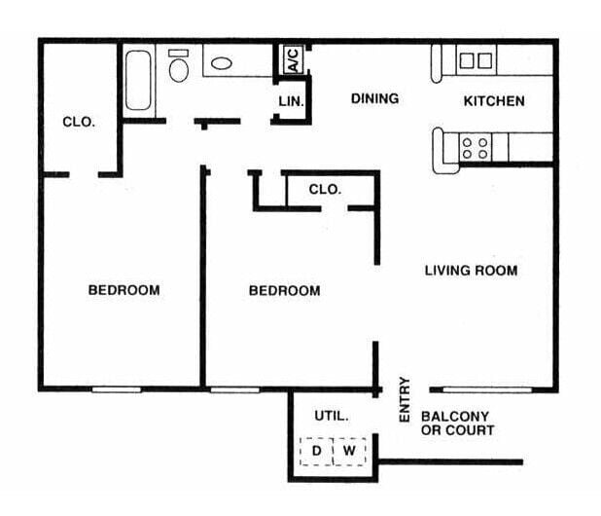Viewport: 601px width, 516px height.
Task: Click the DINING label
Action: (374, 99)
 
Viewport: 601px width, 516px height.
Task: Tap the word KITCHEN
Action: (493, 100)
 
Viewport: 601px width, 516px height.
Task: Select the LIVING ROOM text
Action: (471, 270)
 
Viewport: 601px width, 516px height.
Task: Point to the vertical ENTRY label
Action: (406, 399)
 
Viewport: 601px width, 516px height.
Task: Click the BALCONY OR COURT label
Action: (457, 423)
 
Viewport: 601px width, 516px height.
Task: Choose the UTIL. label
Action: (331, 416)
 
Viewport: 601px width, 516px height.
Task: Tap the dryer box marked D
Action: (316, 451)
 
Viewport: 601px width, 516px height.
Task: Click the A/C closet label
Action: (293, 60)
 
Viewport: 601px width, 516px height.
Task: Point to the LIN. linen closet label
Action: (292, 100)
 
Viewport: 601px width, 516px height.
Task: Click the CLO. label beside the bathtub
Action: (78, 122)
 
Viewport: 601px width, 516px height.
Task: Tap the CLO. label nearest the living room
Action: (325, 190)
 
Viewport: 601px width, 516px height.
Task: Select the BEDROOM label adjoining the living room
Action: (284, 290)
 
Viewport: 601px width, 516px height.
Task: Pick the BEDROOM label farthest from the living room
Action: (124, 290)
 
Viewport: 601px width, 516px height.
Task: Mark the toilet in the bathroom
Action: (179, 67)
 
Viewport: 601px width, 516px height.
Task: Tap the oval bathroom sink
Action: (223, 64)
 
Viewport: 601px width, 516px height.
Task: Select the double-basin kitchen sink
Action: (476, 60)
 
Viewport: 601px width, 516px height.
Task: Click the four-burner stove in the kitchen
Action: (476, 148)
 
